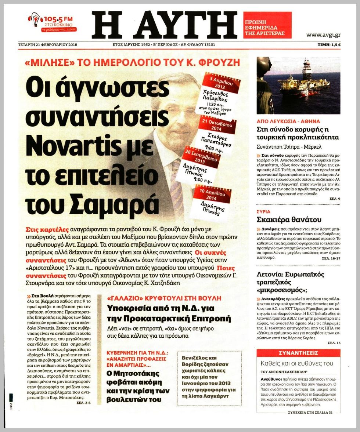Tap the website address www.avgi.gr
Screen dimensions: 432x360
(x=323, y=35)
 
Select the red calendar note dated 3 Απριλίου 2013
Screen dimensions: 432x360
(x=222, y=94)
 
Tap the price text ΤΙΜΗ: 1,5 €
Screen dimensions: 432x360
(x=329, y=45)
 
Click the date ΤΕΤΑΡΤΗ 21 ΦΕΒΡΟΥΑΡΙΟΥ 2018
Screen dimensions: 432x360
(x=48, y=45)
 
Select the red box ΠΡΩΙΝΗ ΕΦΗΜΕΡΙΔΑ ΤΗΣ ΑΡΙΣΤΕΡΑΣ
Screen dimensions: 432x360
(x=267, y=25)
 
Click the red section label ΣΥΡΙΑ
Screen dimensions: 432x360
(x=263, y=212)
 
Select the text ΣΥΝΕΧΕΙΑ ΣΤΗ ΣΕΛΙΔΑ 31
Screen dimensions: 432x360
(x=309, y=412)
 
